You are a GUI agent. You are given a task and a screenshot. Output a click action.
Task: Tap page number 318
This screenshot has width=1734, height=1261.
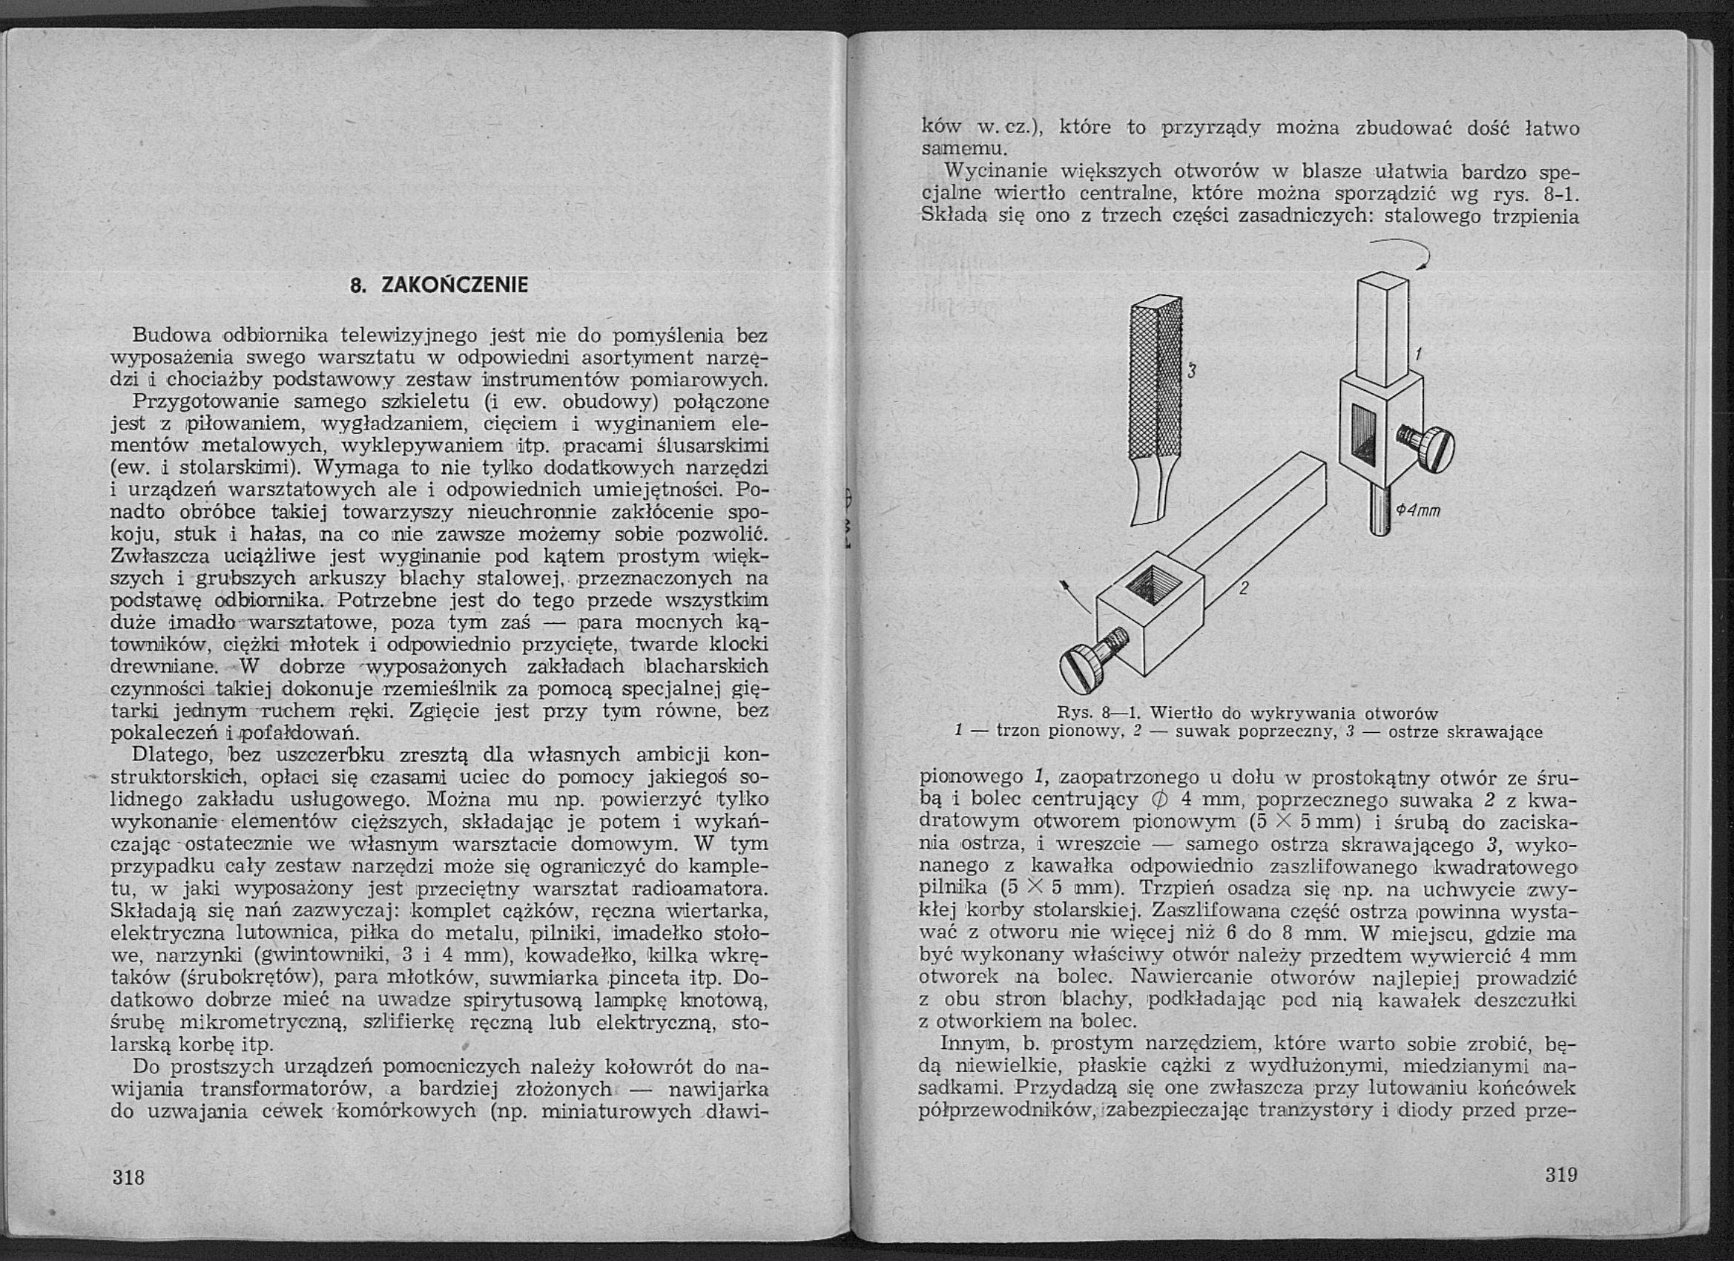(x=128, y=1176)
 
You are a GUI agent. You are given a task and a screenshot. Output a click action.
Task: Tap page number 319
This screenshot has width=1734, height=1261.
(x=1561, y=1173)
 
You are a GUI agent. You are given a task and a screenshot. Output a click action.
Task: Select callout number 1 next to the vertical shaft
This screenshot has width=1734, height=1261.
(x=1417, y=355)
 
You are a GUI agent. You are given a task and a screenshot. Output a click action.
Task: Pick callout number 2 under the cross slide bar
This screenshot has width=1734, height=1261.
(x=1243, y=588)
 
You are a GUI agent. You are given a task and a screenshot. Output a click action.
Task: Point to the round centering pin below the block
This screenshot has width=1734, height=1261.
(x=1379, y=511)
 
